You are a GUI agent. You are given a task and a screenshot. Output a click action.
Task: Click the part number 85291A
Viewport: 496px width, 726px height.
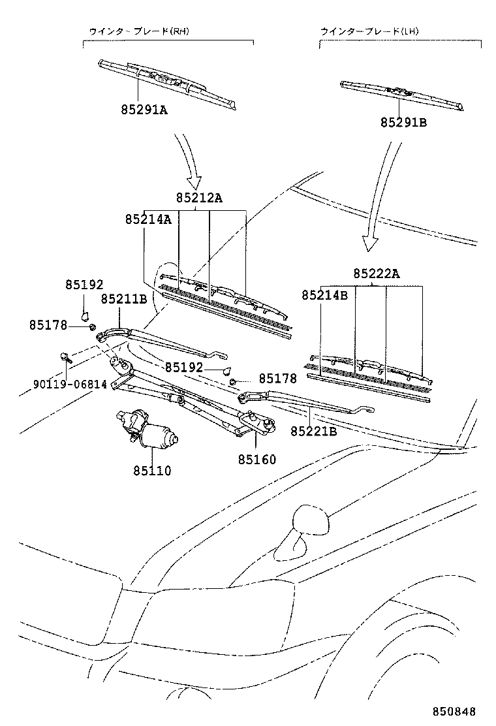pyautogui.click(x=144, y=110)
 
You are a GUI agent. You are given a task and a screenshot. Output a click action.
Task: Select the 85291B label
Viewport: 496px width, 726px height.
pyautogui.click(x=403, y=122)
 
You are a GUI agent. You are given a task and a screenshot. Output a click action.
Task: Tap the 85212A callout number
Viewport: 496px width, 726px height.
pyautogui.click(x=198, y=198)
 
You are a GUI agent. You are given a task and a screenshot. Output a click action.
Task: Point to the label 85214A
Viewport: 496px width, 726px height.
pyautogui.click(x=148, y=220)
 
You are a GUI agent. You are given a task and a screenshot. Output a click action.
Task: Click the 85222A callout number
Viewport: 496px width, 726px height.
pyautogui.click(x=376, y=274)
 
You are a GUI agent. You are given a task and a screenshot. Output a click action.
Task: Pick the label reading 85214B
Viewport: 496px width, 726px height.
pyautogui.click(x=324, y=295)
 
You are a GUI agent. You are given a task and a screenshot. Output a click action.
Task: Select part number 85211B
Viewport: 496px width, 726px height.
pyautogui.click(x=123, y=299)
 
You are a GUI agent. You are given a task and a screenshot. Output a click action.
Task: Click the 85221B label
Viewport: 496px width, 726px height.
pyautogui.click(x=313, y=431)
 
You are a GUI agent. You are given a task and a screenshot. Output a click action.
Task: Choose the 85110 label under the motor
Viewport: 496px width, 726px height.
pyautogui.click(x=152, y=470)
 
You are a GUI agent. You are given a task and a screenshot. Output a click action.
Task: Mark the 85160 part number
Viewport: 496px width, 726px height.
pyautogui.click(x=256, y=460)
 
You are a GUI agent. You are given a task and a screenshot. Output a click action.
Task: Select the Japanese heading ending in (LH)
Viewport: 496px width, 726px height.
pyautogui.click(x=372, y=31)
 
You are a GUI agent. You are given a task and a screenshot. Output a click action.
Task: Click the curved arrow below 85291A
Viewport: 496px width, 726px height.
pyautogui.click(x=190, y=161)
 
